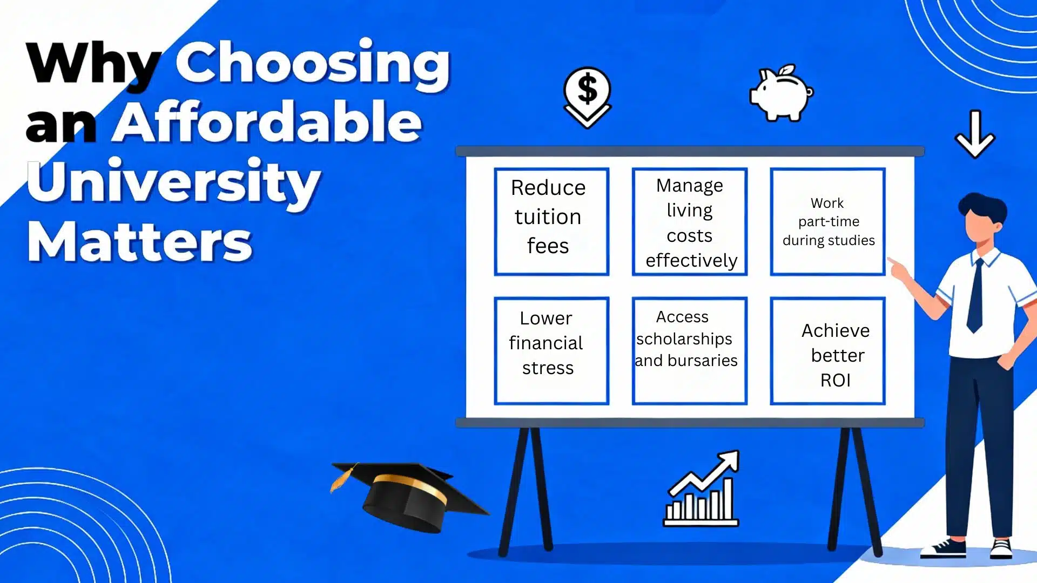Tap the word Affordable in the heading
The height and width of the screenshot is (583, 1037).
[267, 123]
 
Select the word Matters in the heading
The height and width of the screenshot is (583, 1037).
[139, 241]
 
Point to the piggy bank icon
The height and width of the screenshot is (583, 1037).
[781, 93]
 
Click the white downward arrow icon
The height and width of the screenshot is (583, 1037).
[975, 134]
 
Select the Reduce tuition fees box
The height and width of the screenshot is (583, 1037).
[551, 221]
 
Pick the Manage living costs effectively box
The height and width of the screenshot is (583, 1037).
[690, 221]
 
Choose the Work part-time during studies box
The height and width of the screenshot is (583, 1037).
[828, 221]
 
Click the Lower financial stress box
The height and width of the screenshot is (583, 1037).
[551, 350]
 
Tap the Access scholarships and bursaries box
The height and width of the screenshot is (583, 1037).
[690, 350]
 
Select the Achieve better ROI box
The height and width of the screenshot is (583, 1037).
[828, 350]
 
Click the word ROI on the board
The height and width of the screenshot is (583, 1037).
[835, 381]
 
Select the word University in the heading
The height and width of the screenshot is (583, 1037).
[174, 182]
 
